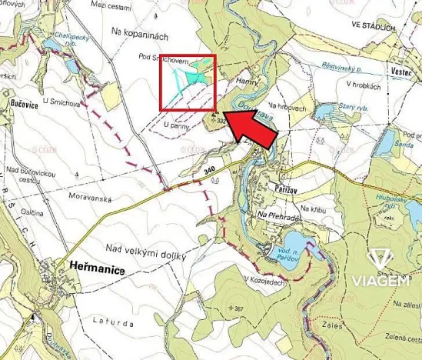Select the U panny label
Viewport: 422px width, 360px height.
178,124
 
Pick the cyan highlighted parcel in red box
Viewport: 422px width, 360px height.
199,71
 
